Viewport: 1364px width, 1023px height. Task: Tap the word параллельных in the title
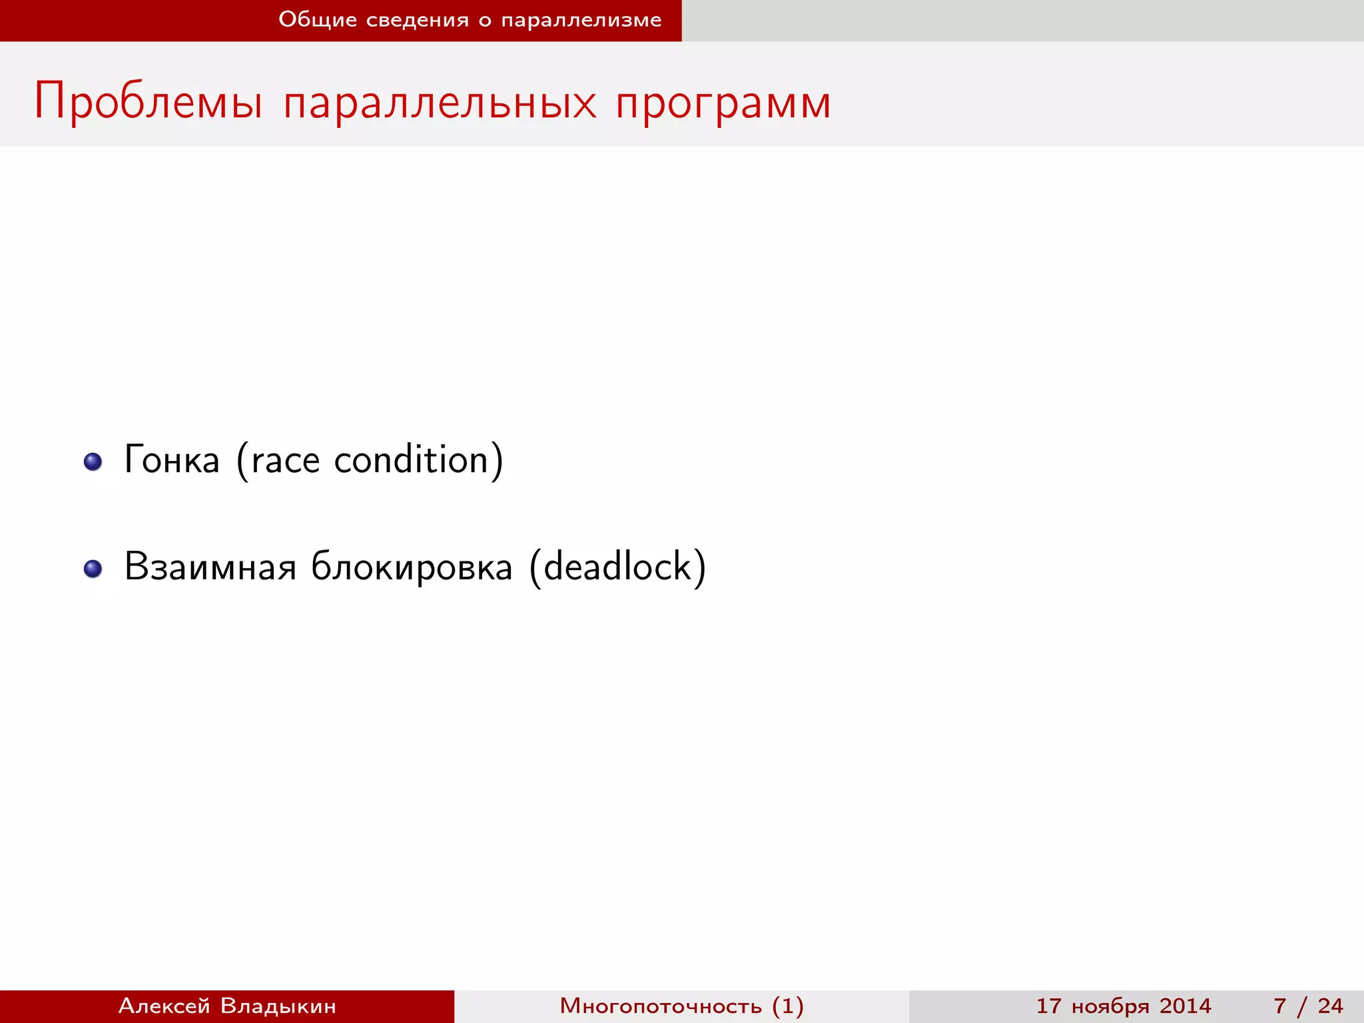pos(440,103)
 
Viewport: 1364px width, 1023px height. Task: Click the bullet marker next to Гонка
pos(93,462)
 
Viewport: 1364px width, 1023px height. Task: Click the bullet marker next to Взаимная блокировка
pos(93,569)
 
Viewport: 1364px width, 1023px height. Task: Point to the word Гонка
pos(172,460)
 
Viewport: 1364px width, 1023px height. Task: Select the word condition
pos(412,460)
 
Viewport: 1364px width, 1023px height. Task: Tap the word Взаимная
pos(210,567)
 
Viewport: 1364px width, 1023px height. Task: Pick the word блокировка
pos(412,567)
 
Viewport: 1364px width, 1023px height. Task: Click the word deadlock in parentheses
pos(618,567)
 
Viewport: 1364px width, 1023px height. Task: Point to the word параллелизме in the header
pos(581,20)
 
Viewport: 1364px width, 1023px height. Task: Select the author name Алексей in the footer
pos(165,1006)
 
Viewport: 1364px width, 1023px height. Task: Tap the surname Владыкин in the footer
pos(278,1006)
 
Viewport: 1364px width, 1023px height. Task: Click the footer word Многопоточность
pos(660,1006)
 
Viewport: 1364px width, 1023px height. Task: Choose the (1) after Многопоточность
pos(788,1006)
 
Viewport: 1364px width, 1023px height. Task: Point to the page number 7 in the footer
pos(1279,1006)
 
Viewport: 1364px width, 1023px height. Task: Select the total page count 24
pos(1330,1006)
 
